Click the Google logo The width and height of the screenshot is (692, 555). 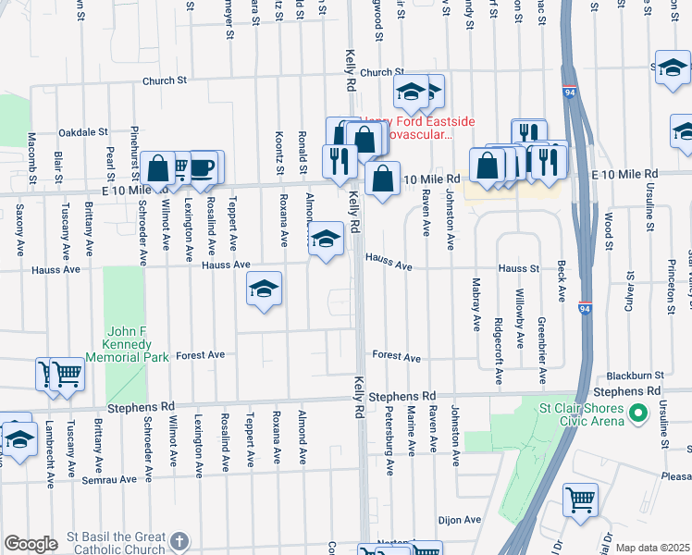[31, 544]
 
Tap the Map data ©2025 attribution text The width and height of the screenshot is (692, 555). [652, 548]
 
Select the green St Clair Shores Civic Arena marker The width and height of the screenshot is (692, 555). [636, 413]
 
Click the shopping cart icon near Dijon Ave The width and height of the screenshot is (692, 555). [580, 499]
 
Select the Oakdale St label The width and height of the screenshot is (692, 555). [84, 132]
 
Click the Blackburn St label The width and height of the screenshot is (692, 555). [632, 376]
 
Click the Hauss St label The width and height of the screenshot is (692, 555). [519, 268]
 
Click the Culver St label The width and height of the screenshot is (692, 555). [630, 289]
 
